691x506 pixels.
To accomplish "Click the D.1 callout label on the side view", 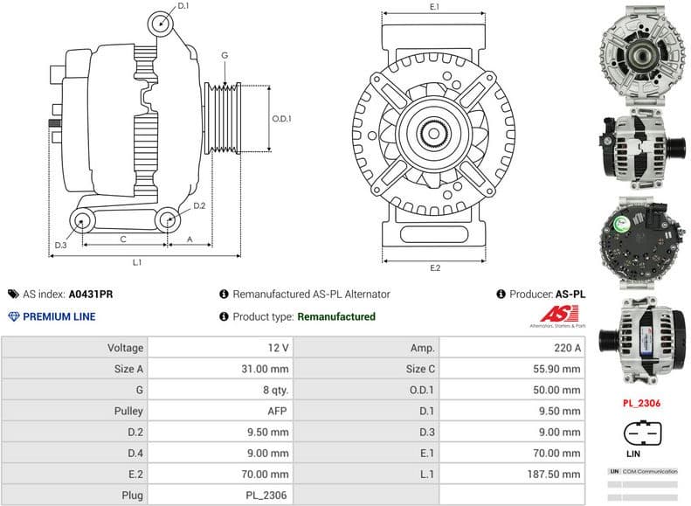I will point(183,6).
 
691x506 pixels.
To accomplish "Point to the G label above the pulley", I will point(225,56).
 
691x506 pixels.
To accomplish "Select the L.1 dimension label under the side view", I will point(138,262).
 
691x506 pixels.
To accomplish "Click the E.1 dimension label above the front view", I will point(434,7).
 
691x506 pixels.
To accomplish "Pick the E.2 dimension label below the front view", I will point(434,267).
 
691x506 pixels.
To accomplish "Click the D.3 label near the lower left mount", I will point(60,245).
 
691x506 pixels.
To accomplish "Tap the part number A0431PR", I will point(91,295).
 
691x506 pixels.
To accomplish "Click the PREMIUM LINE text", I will point(59,316).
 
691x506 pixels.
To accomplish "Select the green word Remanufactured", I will point(336,316).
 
